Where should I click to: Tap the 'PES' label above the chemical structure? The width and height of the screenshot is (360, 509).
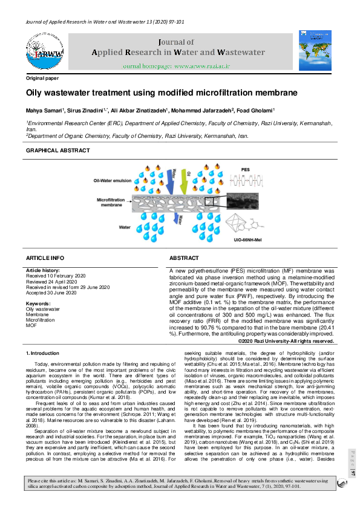(246, 170)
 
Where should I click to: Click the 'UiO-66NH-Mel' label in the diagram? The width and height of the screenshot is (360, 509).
(247, 239)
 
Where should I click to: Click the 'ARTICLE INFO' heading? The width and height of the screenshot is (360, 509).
(45, 258)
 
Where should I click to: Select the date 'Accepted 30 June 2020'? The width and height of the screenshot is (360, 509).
(51, 293)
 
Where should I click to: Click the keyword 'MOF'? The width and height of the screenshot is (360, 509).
(31, 325)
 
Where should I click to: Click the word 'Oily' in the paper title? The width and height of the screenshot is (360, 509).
(38, 93)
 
